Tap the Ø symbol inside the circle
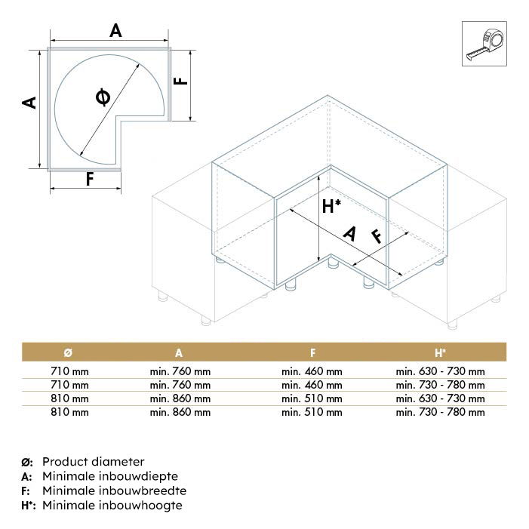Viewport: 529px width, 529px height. [x=103, y=97]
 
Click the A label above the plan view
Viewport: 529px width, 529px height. [x=115, y=31]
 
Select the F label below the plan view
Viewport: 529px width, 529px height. [x=89, y=180]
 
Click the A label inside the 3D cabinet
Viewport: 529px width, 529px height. [x=349, y=234]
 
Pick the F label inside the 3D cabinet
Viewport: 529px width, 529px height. [x=376, y=235]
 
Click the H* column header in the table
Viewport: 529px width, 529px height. [x=440, y=352]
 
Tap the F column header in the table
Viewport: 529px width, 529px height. [x=312, y=352]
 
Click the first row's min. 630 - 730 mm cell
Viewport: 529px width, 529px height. [x=440, y=371]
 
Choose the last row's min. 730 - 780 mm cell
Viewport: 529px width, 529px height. [x=440, y=412]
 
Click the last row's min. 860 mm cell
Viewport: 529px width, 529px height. [x=180, y=412]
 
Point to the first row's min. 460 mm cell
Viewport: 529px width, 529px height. [x=312, y=371]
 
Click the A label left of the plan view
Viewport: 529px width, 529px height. [x=29, y=102]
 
